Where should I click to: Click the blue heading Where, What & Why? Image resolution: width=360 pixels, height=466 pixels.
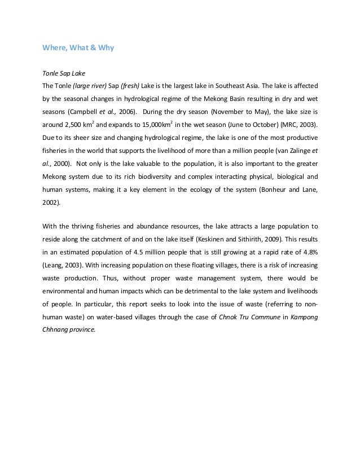78,48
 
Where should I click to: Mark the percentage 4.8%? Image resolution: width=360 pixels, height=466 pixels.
308,251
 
